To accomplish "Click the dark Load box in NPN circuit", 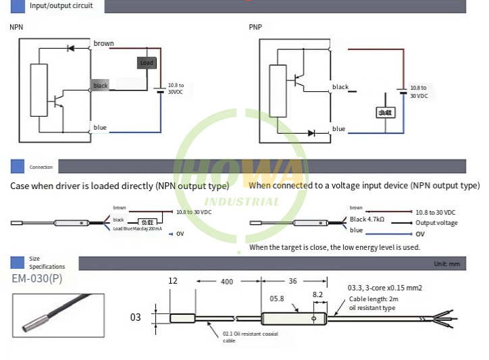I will pyautogui.click(x=147, y=63).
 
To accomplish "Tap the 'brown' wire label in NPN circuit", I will pyautogui.click(x=104, y=44).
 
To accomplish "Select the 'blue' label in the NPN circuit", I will pyautogui.click(x=100, y=128).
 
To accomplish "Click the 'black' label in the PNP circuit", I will pyautogui.click(x=340, y=87).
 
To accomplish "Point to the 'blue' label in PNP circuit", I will pyautogui.click(x=338, y=129).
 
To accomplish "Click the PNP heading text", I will pyautogui.click(x=255, y=28).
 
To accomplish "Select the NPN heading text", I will pyautogui.click(x=16, y=28).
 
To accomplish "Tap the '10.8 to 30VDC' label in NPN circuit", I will pyautogui.click(x=176, y=88).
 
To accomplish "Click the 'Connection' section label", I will pyautogui.click(x=41, y=167).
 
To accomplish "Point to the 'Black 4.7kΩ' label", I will pyautogui.click(x=367, y=220).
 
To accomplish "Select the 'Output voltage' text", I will pyautogui.click(x=436, y=223).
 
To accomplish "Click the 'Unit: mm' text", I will pyautogui.click(x=446, y=263).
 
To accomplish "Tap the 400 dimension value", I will pyautogui.click(x=227, y=281).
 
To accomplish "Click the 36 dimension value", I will pyautogui.click(x=292, y=281).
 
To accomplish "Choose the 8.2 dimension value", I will pyautogui.click(x=317, y=295).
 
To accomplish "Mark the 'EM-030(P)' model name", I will pyautogui.click(x=37, y=278).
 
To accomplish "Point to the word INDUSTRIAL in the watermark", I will pyautogui.click(x=241, y=201).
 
